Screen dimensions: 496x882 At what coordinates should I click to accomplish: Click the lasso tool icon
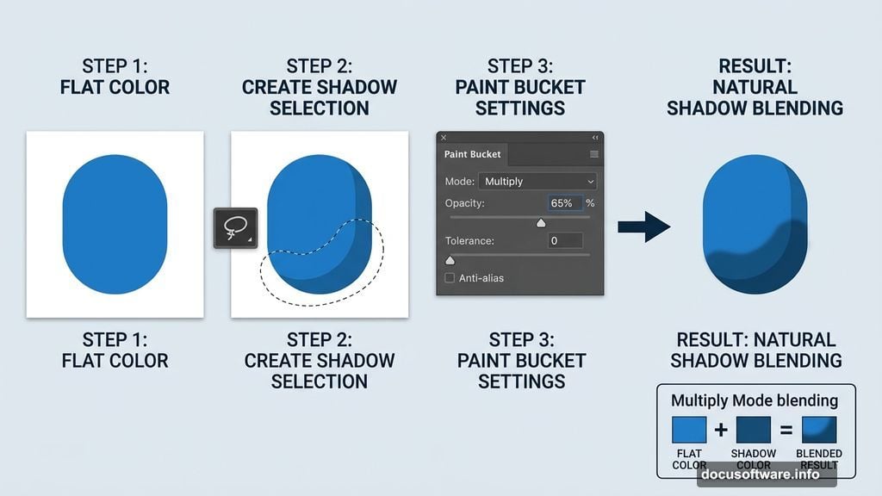point(235,228)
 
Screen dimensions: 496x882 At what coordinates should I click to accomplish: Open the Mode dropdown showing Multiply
point(538,182)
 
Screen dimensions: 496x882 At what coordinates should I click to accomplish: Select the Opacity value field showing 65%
point(565,203)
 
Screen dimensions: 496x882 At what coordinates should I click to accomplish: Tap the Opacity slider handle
point(541,222)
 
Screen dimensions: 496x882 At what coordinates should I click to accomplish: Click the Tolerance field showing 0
point(566,241)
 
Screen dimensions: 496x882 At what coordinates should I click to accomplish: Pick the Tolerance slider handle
point(450,259)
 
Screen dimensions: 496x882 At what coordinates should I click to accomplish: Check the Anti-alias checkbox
point(450,278)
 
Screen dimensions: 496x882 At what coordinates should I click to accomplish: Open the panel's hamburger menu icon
point(593,155)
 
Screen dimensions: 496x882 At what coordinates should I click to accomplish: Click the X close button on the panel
point(444,138)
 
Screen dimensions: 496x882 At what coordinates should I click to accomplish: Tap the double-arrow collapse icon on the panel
point(594,138)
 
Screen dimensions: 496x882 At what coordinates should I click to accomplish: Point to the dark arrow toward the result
point(643,226)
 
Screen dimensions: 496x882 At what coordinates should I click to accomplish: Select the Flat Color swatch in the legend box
point(689,430)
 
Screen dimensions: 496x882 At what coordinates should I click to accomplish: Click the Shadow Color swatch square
point(754,430)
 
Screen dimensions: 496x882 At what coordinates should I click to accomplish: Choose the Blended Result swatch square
point(818,430)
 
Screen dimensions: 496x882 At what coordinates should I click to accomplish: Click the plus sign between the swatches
point(721,430)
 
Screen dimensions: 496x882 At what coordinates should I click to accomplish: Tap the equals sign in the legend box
point(786,430)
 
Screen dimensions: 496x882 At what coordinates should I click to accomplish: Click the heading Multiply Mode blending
point(755,400)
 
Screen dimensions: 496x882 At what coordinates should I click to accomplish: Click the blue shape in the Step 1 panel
point(115,225)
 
